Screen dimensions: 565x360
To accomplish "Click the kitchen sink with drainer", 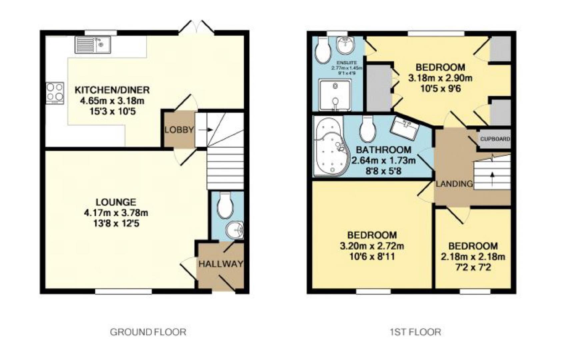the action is (x=93, y=45).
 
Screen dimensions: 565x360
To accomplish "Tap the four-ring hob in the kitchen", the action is (x=55, y=93).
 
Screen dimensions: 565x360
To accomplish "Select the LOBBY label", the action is (x=179, y=130).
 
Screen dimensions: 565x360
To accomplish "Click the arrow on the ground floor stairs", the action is (x=206, y=130).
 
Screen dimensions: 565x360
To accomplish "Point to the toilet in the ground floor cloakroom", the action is (x=225, y=205).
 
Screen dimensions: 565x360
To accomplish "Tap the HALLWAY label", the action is (x=221, y=264).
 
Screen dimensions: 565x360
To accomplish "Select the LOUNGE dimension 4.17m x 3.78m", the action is (x=116, y=213).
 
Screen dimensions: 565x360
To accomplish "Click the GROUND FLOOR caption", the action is (x=148, y=332).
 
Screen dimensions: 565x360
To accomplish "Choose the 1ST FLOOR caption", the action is (x=416, y=332).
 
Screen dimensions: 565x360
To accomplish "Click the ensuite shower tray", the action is (x=335, y=95).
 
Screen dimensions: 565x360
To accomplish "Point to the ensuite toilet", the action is (x=322, y=50).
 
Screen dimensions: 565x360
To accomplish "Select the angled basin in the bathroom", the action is (x=405, y=128).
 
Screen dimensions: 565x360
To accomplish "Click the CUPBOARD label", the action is (x=495, y=139).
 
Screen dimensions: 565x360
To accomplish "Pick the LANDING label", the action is (x=455, y=184).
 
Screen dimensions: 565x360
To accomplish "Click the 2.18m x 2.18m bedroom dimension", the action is (x=473, y=257).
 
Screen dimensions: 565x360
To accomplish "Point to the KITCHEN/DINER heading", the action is (x=112, y=90).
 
